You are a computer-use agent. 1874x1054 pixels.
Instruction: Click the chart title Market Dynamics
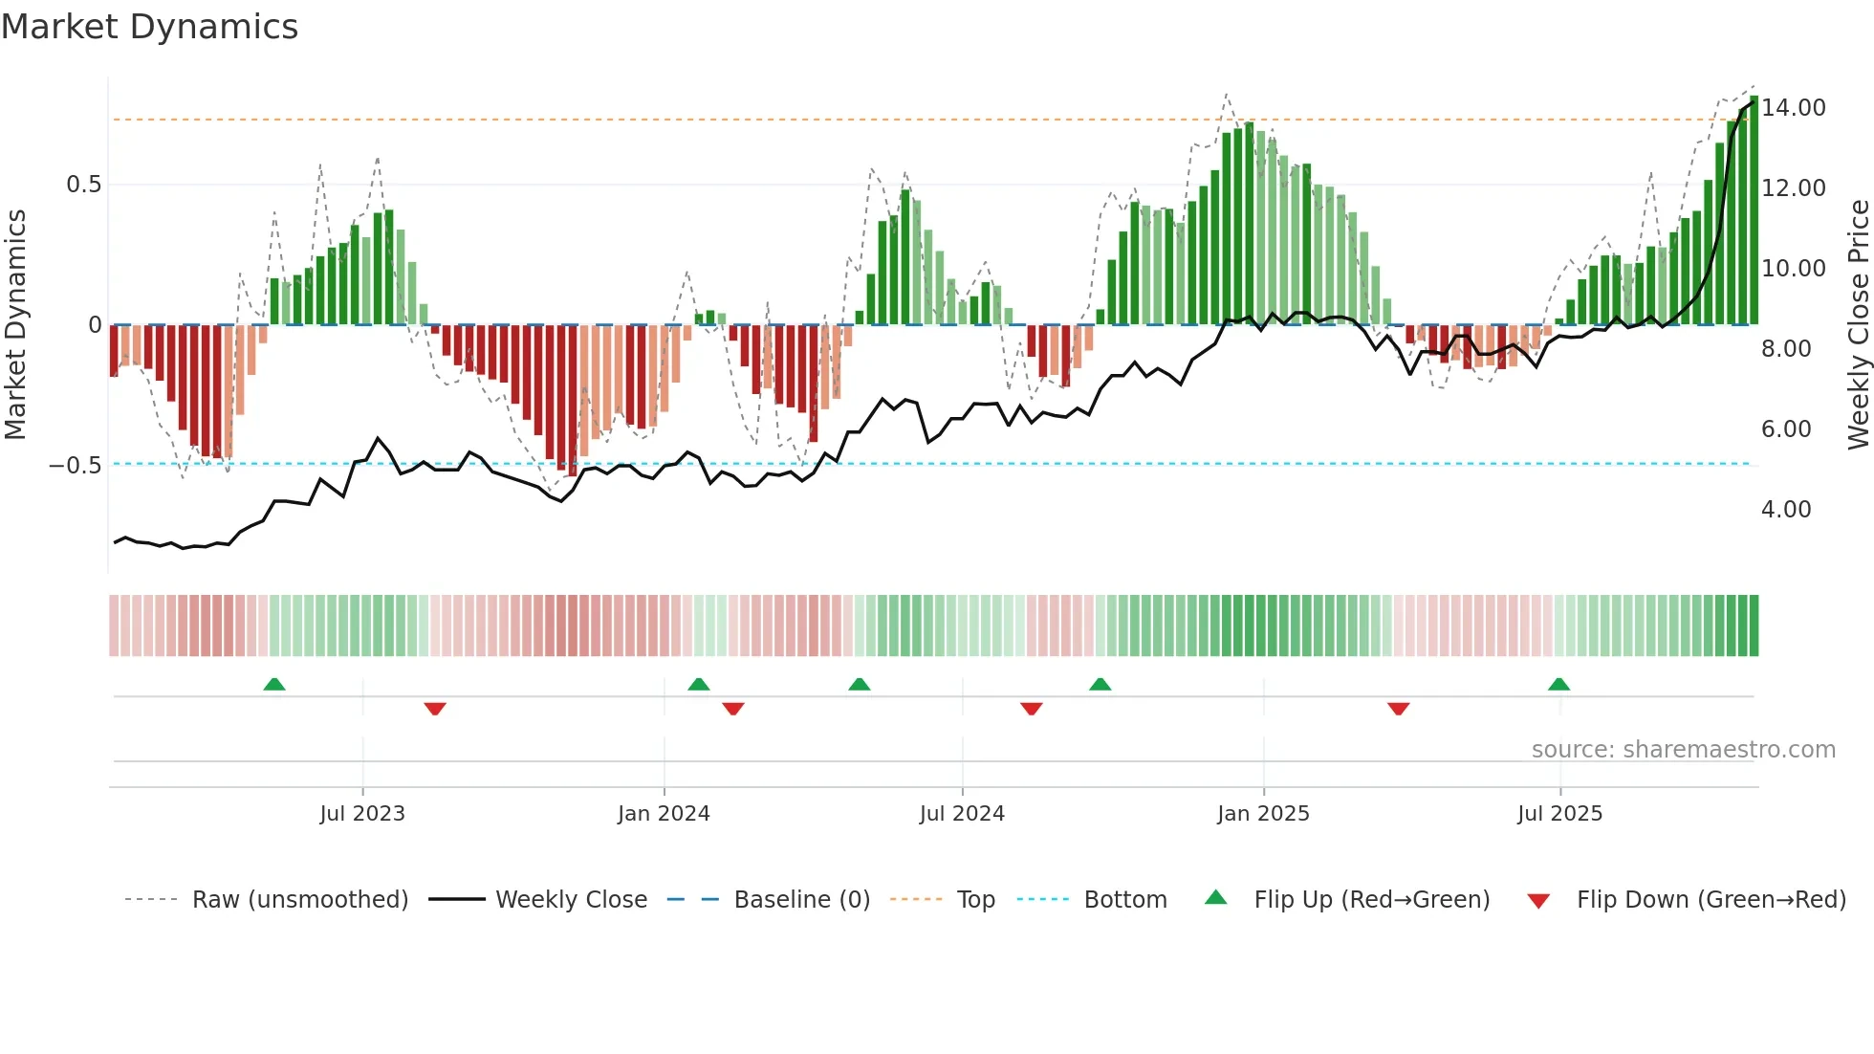coord(150,27)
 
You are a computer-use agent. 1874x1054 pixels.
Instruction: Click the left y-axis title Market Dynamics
coord(16,324)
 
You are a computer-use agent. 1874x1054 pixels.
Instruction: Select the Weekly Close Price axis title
coord(1858,324)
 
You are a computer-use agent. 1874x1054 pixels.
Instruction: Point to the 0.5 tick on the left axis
coord(83,185)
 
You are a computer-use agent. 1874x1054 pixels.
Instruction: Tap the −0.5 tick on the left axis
coord(76,466)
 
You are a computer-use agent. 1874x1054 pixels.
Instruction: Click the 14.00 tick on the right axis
coord(1793,108)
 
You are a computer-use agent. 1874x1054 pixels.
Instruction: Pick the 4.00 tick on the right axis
coord(1785,510)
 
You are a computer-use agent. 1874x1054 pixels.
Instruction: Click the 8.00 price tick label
coord(1785,349)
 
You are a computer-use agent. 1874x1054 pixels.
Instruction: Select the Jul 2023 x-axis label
coord(362,814)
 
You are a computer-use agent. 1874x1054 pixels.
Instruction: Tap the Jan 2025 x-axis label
coord(1263,814)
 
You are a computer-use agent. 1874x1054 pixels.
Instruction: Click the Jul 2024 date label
coord(962,814)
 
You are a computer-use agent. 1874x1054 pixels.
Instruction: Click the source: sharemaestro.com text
coord(1683,750)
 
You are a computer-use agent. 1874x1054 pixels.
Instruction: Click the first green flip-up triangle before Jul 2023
coord(274,685)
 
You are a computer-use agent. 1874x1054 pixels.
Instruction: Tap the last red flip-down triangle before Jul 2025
coord(1398,709)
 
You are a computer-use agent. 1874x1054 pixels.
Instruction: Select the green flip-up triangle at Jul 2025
coord(1558,685)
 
